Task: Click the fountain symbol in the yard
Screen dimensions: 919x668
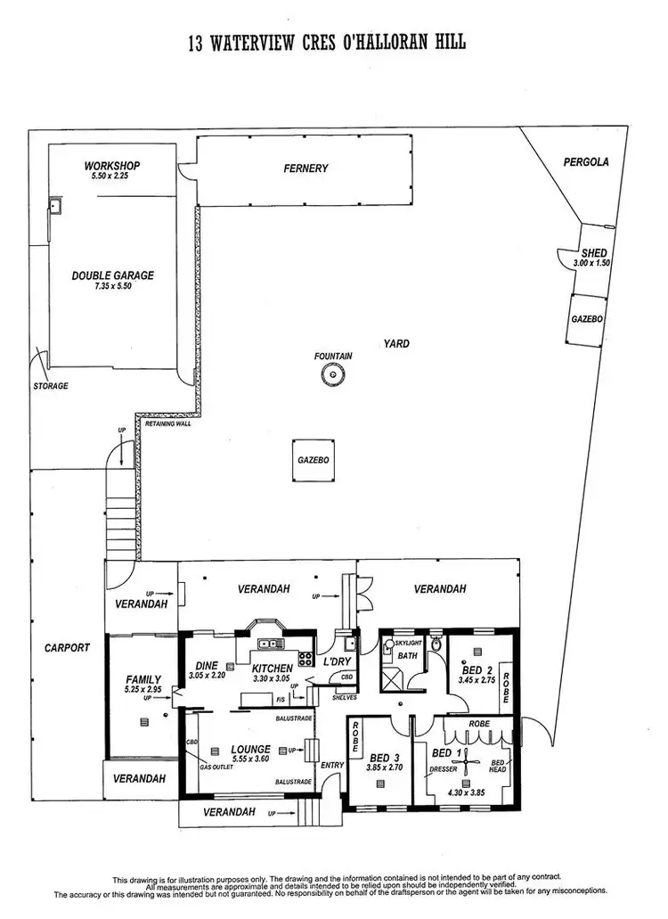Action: [333, 377]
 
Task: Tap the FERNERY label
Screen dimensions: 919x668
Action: [306, 168]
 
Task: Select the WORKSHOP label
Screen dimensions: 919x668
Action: [112, 166]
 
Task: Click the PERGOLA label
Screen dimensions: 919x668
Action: [586, 162]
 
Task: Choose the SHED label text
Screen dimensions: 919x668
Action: [593, 254]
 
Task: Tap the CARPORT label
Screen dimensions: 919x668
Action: [68, 648]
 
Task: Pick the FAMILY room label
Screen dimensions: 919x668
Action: [143, 679]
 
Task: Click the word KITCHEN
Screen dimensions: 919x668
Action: [273, 668]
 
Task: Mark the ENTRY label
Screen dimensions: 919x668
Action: [331, 765]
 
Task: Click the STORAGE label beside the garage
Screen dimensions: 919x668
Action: [50, 386]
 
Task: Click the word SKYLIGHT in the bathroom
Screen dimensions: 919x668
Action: [408, 643]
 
